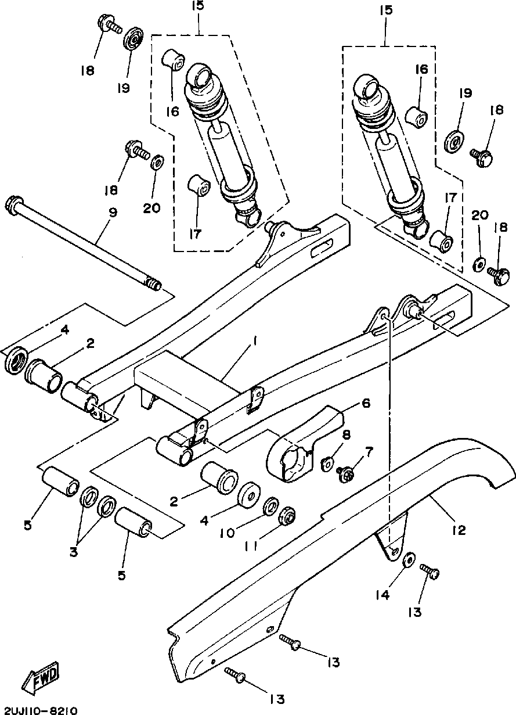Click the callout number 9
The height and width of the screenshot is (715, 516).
tap(113, 213)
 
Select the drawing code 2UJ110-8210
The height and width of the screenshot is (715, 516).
tap(38, 710)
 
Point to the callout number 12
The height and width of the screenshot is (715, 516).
tap(459, 530)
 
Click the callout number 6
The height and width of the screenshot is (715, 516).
tap(366, 403)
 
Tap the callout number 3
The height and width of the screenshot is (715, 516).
tap(74, 552)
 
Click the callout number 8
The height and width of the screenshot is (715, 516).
tap(346, 434)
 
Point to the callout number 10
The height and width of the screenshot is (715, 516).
tap(227, 533)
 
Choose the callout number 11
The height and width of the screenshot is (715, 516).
tap(252, 547)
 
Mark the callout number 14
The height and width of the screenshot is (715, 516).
tap(383, 595)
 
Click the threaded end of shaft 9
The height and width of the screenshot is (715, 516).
tap(153, 284)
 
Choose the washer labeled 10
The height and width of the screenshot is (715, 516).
tap(271, 504)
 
